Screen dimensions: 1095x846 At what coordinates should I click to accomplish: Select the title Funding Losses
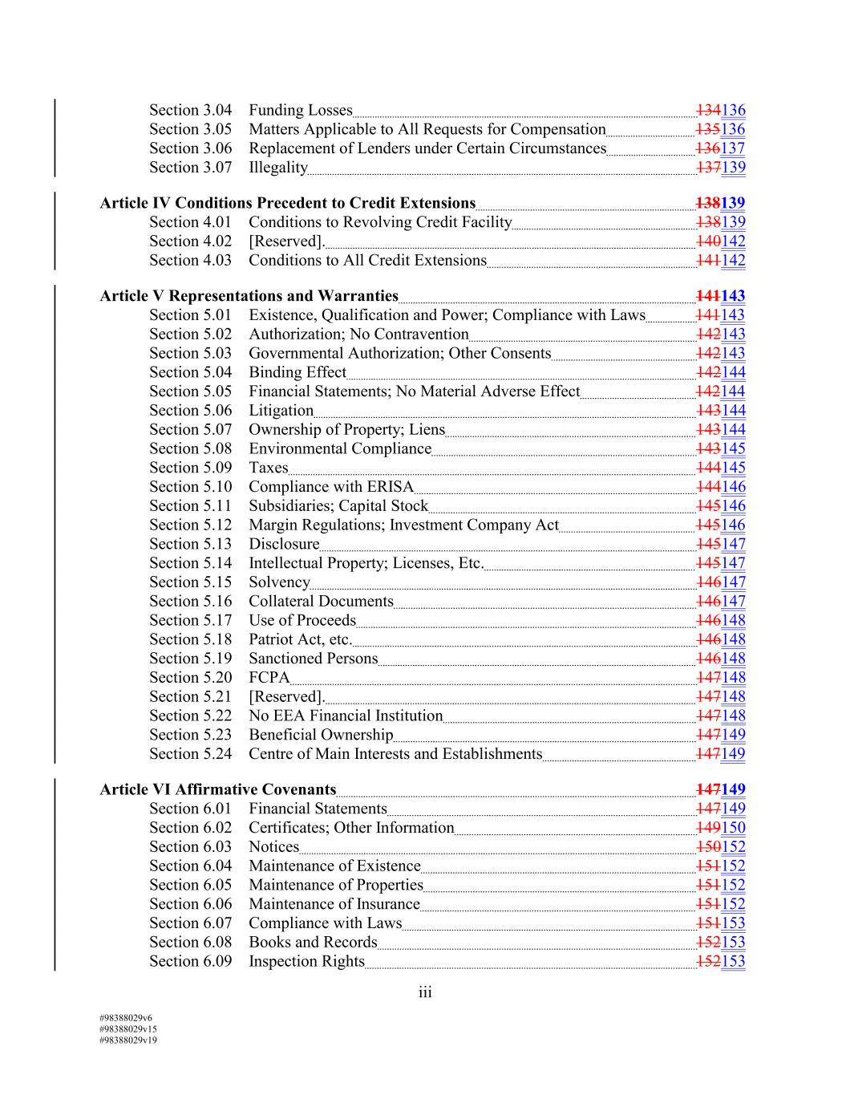(300, 110)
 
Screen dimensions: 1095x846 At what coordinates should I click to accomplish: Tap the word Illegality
(277, 167)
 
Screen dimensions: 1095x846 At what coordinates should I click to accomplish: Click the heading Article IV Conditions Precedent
(287, 203)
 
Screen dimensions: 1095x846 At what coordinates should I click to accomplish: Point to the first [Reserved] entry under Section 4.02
(285, 241)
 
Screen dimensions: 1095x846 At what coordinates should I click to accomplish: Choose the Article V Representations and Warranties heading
(249, 295)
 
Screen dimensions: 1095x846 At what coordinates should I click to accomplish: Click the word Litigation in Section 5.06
(281, 410)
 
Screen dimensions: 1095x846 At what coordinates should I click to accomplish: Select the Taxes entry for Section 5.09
(268, 467)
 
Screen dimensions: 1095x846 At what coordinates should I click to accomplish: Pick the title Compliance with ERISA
(330, 486)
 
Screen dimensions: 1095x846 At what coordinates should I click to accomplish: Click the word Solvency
(279, 582)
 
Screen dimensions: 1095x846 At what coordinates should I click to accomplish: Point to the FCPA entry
(269, 677)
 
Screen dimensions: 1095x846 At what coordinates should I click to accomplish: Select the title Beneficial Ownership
(321, 734)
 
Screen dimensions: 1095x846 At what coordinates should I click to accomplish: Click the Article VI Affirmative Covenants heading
(217, 789)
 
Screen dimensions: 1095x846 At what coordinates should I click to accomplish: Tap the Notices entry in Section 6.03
(273, 846)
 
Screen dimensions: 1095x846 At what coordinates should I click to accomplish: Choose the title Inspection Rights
(306, 961)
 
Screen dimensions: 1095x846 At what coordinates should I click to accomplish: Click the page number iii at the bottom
(424, 992)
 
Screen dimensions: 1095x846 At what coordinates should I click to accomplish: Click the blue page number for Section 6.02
(733, 827)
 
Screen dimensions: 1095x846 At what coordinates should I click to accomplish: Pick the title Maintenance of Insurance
(334, 903)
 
